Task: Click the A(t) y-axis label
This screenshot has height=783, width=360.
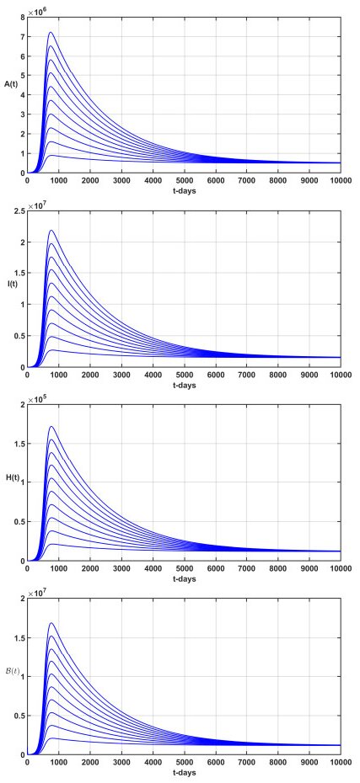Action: [10, 85]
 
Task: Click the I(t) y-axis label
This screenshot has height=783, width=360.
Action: [12, 283]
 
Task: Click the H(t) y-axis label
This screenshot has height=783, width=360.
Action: [10, 477]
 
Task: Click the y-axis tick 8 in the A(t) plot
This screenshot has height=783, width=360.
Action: [22, 16]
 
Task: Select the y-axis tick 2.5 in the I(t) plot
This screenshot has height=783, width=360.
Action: [19, 210]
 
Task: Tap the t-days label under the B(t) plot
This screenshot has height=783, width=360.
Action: [184, 775]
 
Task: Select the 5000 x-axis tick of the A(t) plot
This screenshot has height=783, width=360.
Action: [184, 180]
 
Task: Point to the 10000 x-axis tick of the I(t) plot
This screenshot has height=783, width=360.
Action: [340, 375]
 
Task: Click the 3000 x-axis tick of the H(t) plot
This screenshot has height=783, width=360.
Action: [121, 569]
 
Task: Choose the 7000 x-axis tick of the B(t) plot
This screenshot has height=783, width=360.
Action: [246, 765]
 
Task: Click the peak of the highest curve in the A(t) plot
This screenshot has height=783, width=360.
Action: [51, 33]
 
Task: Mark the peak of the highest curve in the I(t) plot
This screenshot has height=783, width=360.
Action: [51, 230]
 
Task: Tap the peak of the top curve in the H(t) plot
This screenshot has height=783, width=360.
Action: [51, 426]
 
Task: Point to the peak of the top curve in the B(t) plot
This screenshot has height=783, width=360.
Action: [51, 623]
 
